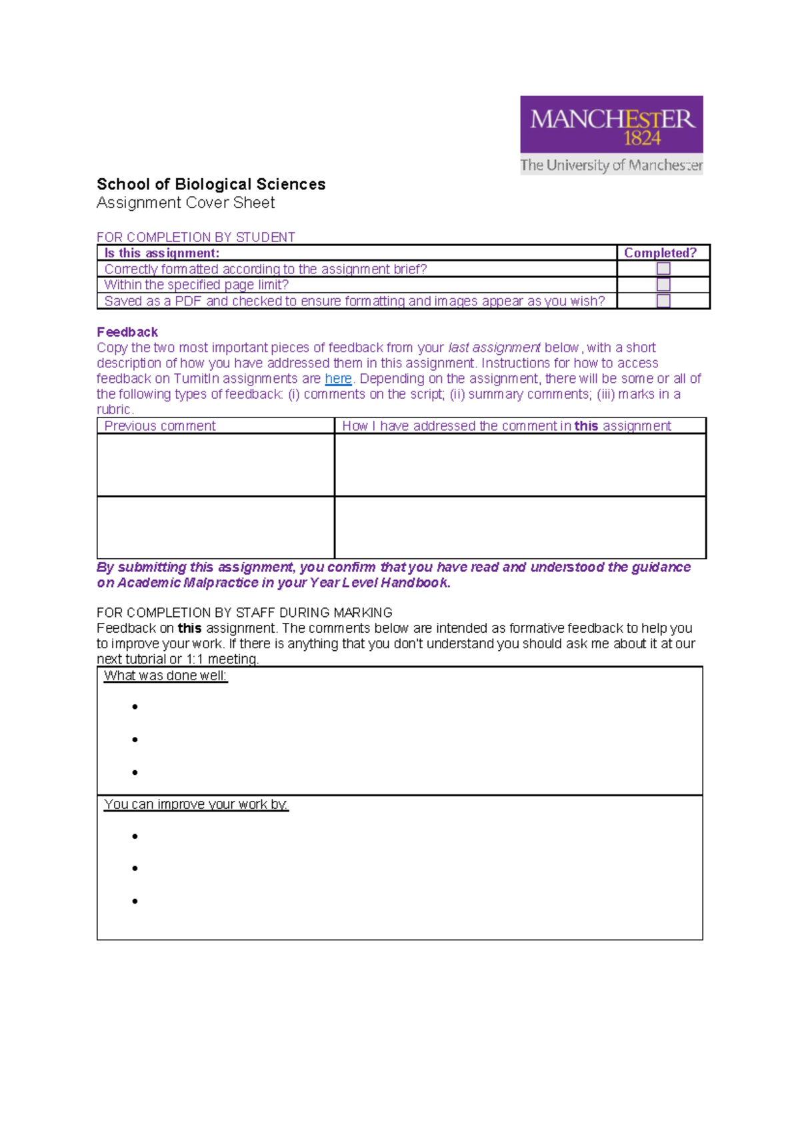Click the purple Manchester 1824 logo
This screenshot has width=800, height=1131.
(611, 125)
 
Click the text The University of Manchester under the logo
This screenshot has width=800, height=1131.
(611, 165)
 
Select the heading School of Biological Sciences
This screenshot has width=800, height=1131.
(211, 184)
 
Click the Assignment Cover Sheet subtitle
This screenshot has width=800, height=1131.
(185, 203)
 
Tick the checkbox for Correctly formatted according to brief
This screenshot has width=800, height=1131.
(663, 269)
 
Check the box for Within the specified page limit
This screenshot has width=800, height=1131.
(663, 285)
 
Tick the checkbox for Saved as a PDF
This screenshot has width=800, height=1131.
(663, 301)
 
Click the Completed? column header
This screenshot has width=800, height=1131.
(660, 253)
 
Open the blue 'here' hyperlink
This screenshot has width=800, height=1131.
(338, 379)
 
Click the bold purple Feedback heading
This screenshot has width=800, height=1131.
(127, 332)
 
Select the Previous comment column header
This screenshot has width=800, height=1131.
(160, 426)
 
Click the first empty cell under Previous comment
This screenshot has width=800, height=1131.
(215, 465)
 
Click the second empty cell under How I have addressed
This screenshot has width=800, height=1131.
(520, 527)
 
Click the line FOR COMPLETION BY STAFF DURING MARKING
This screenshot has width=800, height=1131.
(244, 612)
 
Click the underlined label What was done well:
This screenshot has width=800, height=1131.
(165, 676)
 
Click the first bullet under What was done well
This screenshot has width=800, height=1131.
(135, 707)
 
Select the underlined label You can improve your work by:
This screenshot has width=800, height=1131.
(196, 804)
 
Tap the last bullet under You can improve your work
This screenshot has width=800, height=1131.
(135, 901)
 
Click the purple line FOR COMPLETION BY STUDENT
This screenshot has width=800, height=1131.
(195, 237)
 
